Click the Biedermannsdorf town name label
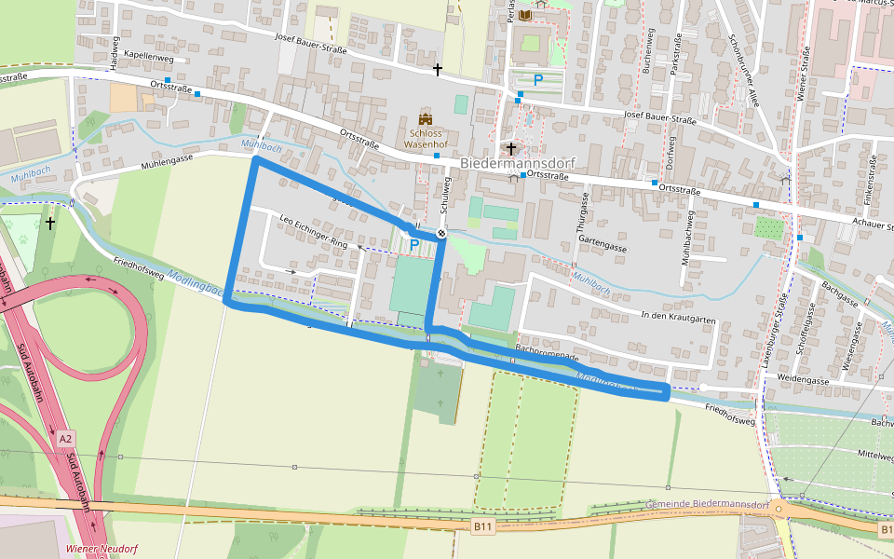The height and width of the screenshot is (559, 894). point(517,163)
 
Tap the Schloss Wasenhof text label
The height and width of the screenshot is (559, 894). point(426,139)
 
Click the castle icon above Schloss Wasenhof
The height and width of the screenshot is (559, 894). point(427,119)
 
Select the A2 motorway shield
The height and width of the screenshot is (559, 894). point(65,438)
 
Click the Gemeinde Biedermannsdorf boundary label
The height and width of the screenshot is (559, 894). point(706,505)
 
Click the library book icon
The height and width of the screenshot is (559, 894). point(526,16)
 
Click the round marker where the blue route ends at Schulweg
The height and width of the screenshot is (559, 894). point(441,233)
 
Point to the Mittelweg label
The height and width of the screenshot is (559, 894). point(874,455)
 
